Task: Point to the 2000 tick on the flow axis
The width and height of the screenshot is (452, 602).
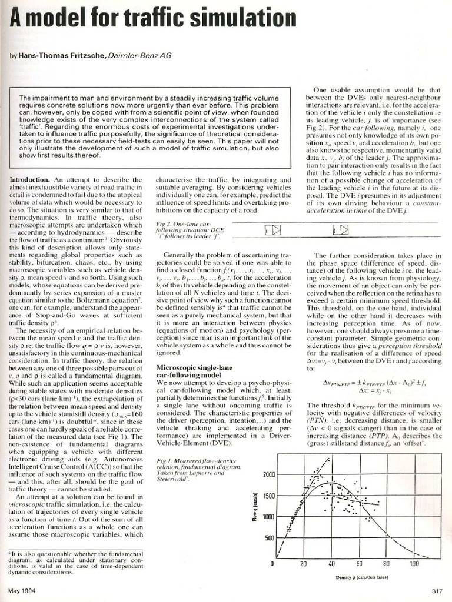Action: tap(268, 475)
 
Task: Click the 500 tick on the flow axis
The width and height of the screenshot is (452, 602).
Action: tap(270, 538)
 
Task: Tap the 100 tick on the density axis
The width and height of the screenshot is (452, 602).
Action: tap(414, 564)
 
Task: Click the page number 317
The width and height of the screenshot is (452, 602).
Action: tap(436, 591)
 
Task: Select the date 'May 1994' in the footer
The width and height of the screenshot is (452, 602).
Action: tap(22, 591)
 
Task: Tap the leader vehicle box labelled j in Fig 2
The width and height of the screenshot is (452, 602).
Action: tap(341, 231)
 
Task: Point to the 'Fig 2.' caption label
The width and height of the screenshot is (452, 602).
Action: tap(164, 225)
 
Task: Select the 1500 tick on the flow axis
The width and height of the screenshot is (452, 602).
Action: tap(268, 496)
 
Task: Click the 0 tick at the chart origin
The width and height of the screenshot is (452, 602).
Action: tap(272, 564)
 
